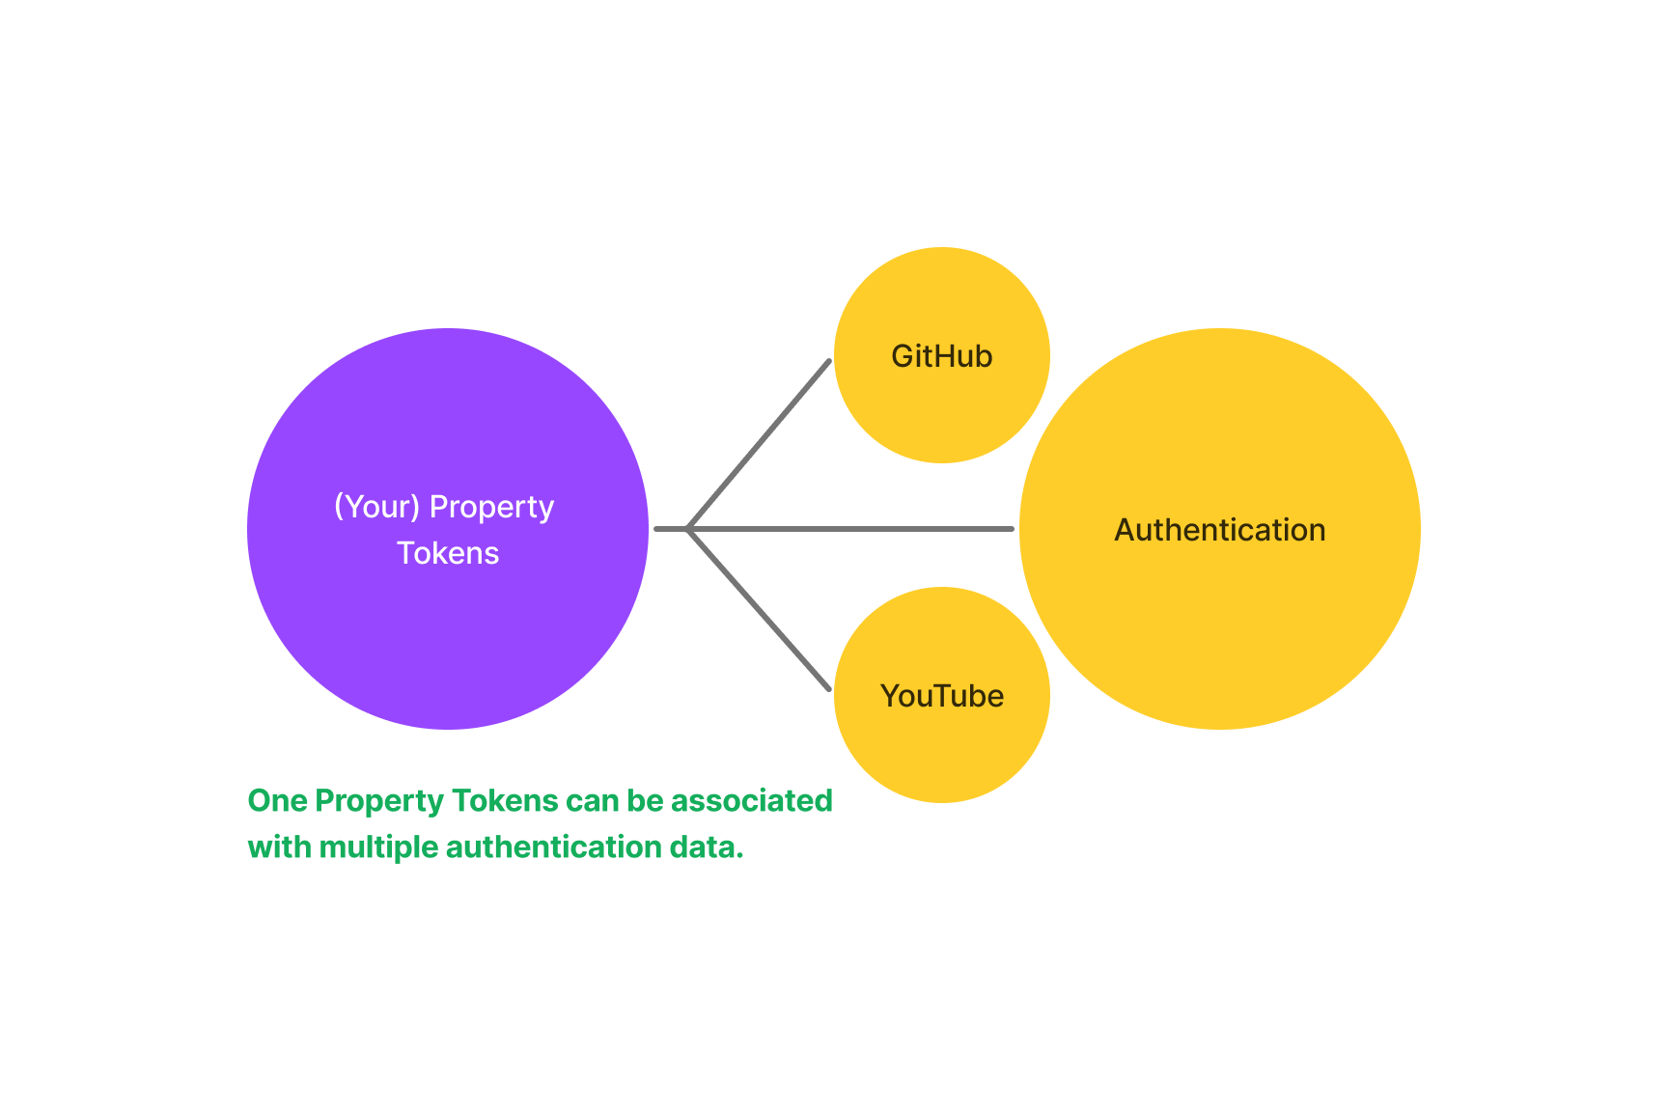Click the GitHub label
(x=941, y=356)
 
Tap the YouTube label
(x=941, y=696)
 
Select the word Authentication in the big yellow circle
(x=1219, y=530)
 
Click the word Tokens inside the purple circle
(x=448, y=553)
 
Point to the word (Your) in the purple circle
(x=376, y=507)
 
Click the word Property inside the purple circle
(x=491, y=508)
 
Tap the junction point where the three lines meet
(x=687, y=529)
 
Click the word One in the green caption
(x=277, y=801)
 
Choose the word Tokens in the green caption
(x=505, y=801)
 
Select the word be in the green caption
(x=645, y=801)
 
